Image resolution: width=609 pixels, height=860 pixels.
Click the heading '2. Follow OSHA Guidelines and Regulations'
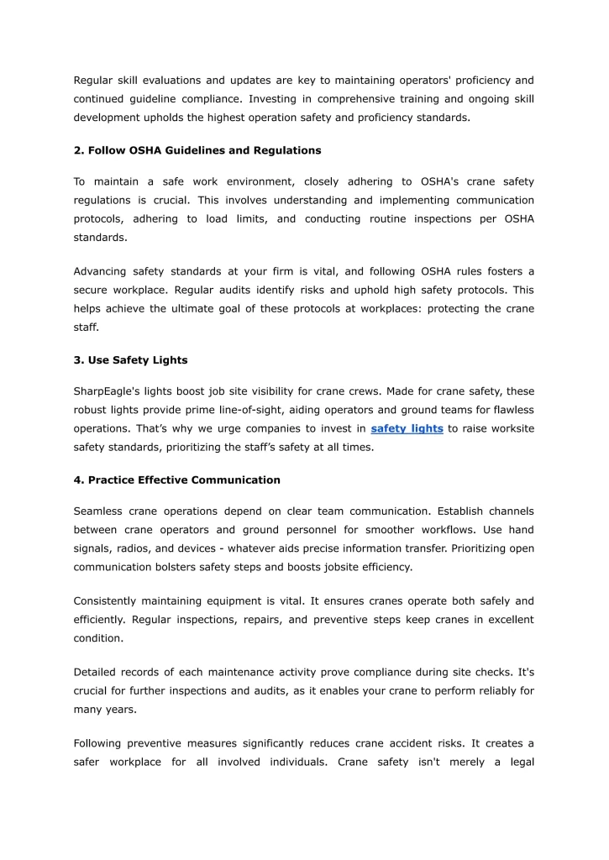coord(197,150)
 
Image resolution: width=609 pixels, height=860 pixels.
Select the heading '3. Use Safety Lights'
coord(130,360)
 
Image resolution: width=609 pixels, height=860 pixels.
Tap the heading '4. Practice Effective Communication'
coord(176,480)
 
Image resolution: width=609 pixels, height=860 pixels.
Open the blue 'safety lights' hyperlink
coord(407,429)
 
